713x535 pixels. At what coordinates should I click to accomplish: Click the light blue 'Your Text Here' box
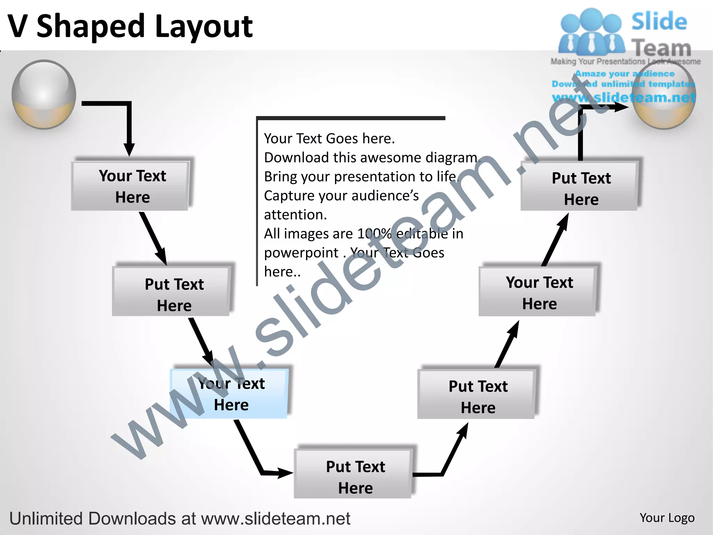pos(229,394)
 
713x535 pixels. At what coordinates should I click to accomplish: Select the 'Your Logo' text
pos(667,518)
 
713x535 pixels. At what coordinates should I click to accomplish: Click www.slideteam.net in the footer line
pos(275,519)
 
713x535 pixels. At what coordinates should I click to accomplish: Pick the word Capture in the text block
pos(289,196)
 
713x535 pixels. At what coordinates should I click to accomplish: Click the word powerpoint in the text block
pos(301,253)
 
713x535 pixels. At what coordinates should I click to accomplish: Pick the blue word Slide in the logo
pos(659,22)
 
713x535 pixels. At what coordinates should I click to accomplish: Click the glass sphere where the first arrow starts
pos(44,94)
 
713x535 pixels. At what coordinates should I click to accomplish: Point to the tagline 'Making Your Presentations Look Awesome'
pos(625,62)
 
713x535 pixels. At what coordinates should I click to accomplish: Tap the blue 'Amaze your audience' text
pos(625,73)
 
